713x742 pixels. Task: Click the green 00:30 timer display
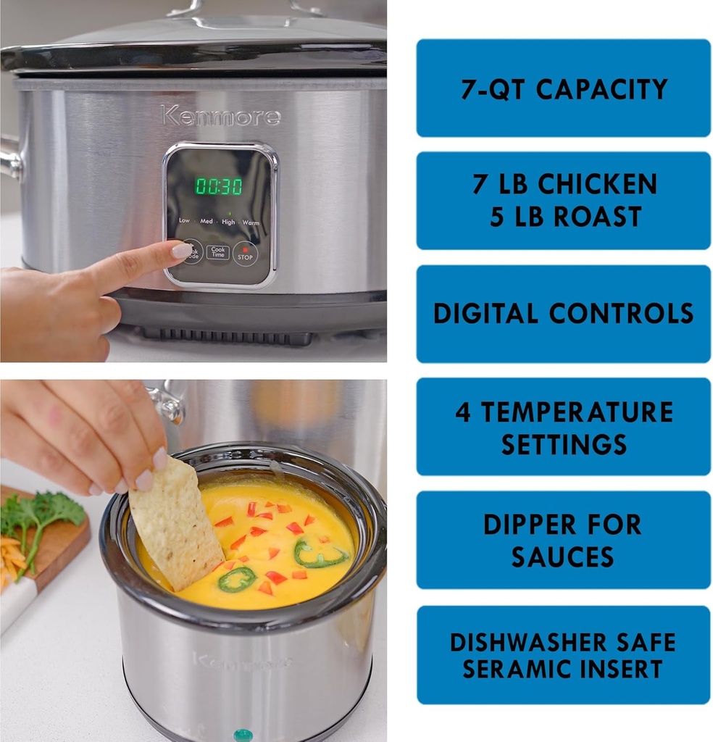[219, 186]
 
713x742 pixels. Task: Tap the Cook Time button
[217, 252]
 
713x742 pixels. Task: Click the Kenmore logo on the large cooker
[220, 116]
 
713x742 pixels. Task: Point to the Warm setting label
[251, 222]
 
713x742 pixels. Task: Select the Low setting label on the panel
[184, 220]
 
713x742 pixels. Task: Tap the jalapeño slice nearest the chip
[237, 578]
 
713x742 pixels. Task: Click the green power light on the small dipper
[243, 735]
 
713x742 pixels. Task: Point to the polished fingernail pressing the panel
[181, 250]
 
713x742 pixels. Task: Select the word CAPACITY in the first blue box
[601, 89]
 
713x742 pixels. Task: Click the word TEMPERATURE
[577, 412]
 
